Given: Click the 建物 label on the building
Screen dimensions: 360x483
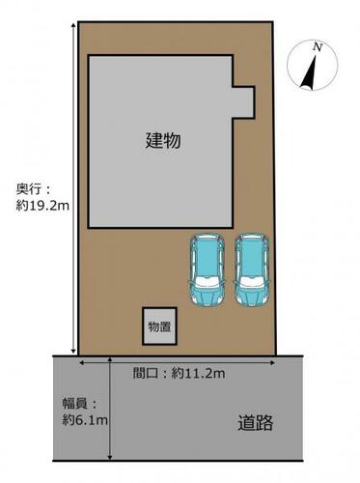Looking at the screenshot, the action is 163,141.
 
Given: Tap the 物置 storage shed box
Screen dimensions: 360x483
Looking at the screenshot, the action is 160,327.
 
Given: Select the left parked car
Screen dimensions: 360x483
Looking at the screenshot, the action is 208,270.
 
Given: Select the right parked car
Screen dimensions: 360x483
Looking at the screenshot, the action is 252,270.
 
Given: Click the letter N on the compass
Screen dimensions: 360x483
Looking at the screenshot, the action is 318,47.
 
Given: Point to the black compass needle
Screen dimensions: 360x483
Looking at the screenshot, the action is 309,72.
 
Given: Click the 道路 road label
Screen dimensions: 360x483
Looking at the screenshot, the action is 255,423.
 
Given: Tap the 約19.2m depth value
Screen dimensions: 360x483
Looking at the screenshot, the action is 42,206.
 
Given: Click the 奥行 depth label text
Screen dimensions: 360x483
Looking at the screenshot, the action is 29,189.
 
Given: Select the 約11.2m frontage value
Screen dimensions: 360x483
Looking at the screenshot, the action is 198,374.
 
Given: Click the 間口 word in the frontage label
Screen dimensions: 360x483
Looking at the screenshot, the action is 146,374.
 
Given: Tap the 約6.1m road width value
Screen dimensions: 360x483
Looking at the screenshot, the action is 85,420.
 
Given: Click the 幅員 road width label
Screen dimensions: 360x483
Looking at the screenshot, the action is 74,404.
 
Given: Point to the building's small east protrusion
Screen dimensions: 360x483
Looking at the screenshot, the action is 244,102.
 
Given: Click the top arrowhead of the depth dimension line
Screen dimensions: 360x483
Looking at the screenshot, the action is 73,24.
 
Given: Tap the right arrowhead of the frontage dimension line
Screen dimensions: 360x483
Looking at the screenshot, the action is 272,363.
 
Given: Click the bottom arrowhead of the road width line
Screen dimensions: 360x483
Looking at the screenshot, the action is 110,457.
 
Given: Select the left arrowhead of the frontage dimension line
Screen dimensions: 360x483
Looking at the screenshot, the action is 82,363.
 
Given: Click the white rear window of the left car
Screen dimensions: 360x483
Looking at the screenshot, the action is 208,282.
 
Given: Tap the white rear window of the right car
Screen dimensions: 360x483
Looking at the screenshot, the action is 252,282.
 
